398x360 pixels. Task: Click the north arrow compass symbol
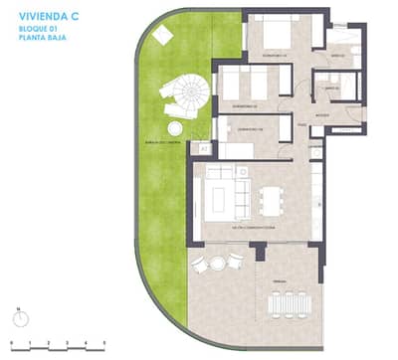tap(18, 319)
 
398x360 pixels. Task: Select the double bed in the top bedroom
tap(273, 35)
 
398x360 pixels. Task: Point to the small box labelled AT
tap(205, 148)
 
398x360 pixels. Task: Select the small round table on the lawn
tap(175, 128)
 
